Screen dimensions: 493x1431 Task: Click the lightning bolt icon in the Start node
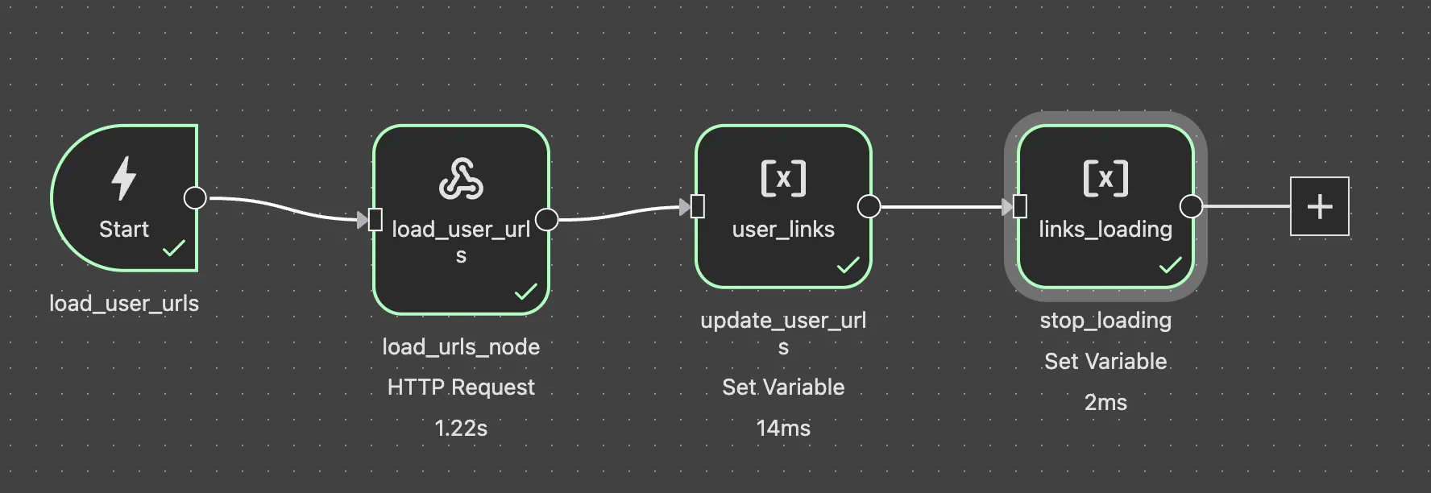pos(123,178)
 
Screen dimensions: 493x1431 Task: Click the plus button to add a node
pos(1319,207)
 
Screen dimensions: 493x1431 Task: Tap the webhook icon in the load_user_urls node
pos(461,179)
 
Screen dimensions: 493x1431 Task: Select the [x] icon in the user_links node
pos(783,178)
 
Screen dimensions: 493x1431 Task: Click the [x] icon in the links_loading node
pos(1105,178)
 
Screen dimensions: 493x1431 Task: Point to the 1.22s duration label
pos(461,428)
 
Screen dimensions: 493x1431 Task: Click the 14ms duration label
pos(783,428)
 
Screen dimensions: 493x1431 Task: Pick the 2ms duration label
pos(1105,402)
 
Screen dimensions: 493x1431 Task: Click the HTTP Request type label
pos(461,387)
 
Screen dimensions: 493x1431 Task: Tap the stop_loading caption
pos(1105,321)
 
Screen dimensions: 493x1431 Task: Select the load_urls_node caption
pos(461,347)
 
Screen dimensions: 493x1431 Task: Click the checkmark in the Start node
pos(173,248)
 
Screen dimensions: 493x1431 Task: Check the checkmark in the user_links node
pos(848,265)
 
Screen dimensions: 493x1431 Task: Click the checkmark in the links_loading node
pos(1170,265)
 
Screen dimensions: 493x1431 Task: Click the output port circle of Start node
pos(195,197)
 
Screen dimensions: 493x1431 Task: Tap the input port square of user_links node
pos(698,207)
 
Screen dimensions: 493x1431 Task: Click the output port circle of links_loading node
pos(1191,207)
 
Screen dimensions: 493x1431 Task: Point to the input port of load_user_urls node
pos(375,219)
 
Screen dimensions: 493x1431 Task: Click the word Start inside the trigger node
pos(124,230)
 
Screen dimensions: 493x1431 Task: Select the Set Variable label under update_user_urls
pos(783,387)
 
